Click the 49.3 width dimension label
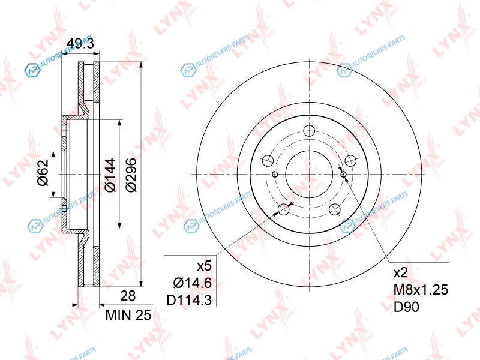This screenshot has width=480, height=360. tap(80, 43)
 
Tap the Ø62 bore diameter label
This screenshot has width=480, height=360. tap(43, 172)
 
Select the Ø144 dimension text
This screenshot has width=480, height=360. tap(110, 175)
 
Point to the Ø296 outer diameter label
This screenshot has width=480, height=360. tap(131, 175)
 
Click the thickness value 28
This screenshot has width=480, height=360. tap(128, 296)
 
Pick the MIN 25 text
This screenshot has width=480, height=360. tap(128, 316)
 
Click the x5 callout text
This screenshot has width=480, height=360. tap(204, 266)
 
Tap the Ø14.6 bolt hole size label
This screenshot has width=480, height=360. tap(192, 283)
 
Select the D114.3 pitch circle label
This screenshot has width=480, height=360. tap(189, 301)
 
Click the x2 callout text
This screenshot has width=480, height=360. tap(401, 272)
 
